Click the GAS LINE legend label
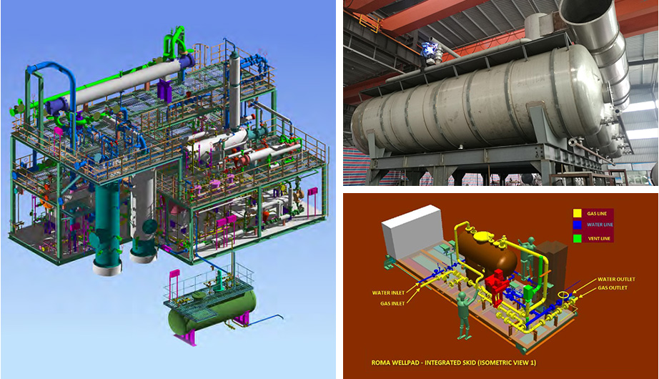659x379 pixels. [598, 214]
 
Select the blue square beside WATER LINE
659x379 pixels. [577, 225]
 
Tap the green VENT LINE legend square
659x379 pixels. [577, 238]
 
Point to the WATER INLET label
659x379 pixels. [388, 292]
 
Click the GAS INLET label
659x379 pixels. [392, 303]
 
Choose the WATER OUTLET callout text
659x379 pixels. [616, 280]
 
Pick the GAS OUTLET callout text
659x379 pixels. [613, 288]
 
